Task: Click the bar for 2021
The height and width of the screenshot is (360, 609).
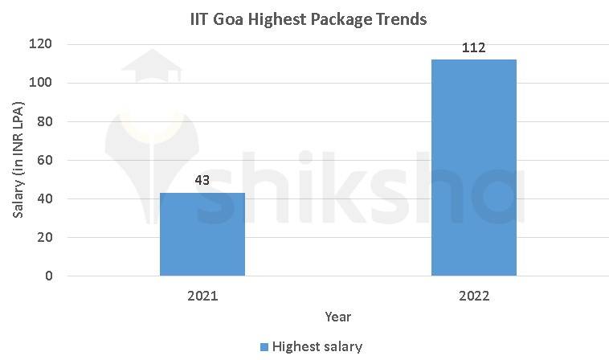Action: pos(202,234)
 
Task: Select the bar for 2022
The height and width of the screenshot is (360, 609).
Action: pos(474,167)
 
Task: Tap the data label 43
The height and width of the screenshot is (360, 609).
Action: pos(202,180)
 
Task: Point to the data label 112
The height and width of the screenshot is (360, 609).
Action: pos(474,47)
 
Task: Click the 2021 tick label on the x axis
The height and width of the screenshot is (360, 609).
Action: pos(202,296)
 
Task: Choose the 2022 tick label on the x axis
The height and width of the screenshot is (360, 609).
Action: pos(474,296)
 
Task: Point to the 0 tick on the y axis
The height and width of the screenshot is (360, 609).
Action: pos(48,276)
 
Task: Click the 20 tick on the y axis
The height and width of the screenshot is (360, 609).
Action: pos(45,238)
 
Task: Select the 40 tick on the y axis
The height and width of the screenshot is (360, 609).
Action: pos(45,199)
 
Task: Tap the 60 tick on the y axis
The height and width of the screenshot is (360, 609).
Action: pos(45,161)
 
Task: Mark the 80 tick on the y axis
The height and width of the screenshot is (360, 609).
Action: pos(45,122)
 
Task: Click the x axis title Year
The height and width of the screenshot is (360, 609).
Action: pos(337,317)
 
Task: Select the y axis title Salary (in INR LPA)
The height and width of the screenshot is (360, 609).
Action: pos(18,161)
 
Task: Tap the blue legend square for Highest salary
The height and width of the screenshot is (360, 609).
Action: pos(264,347)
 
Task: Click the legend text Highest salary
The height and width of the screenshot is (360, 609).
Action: pos(317,347)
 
